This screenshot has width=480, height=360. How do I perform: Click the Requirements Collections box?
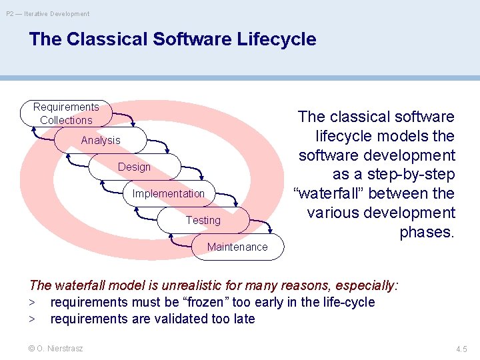[x=65, y=113]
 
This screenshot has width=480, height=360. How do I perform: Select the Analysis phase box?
[x=91, y=140]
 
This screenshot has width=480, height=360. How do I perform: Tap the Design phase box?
[x=134, y=167]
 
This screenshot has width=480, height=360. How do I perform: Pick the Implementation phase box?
[x=169, y=193]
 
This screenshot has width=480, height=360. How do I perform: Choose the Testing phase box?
[x=203, y=220]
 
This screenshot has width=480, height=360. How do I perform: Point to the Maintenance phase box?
[x=237, y=247]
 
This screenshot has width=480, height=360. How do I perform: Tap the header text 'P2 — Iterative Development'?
[x=48, y=13]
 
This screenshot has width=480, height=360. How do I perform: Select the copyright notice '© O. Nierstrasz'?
[x=56, y=348]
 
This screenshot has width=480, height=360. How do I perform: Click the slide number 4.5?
[x=461, y=349]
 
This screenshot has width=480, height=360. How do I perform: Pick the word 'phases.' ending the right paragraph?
[x=427, y=233]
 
